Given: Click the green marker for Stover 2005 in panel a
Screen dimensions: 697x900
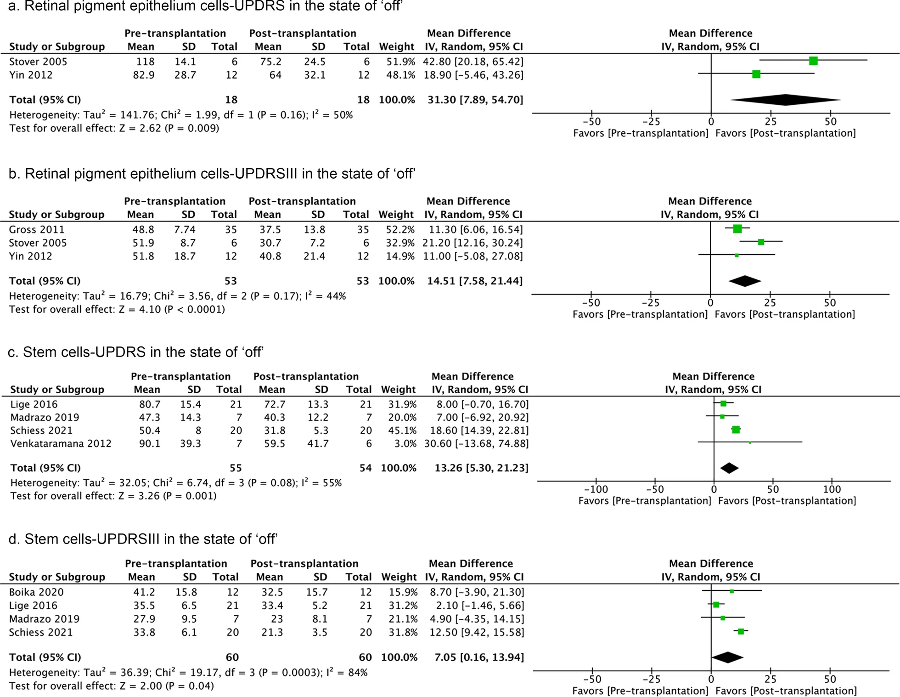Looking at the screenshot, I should (x=813, y=61).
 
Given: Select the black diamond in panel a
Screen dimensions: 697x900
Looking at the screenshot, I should (x=786, y=100).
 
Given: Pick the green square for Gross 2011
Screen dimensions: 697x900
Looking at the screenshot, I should (x=737, y=229).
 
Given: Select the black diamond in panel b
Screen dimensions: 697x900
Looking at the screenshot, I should (x=745, y=281).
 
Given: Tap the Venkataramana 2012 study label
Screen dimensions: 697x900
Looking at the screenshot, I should (x=61, y=443).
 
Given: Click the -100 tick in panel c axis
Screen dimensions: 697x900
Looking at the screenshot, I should (x=596, y=489).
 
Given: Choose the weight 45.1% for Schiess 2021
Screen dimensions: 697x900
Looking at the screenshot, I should (x=399, y=431).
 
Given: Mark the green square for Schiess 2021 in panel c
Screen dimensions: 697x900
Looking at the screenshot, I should (x=736, y=430).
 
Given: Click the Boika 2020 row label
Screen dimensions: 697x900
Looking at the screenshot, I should (x=36, y=592).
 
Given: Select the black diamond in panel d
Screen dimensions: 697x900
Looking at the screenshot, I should (x=728, y=657).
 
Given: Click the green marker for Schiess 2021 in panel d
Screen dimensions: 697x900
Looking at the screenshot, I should (x=741, y=632).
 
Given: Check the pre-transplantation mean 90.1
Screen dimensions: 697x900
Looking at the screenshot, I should (x=150, y=443).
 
